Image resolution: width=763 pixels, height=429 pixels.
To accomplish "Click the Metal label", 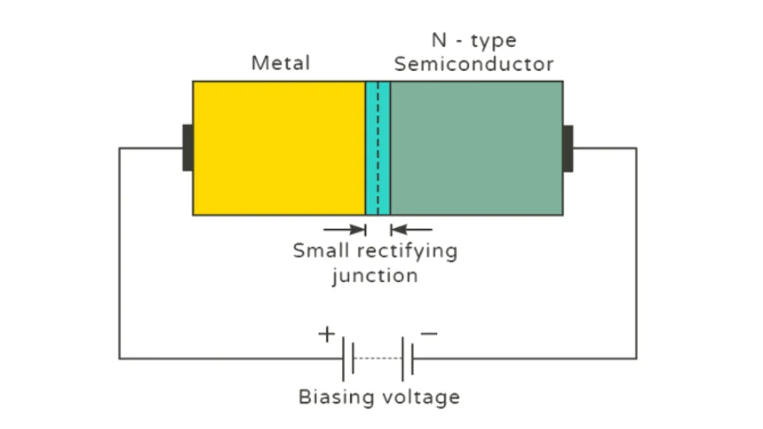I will (280, 63).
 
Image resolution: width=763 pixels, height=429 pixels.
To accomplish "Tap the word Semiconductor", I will (474, 64).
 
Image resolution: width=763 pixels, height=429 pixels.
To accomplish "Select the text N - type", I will (474, 39).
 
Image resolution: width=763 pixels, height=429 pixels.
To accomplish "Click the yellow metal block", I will (279, 147).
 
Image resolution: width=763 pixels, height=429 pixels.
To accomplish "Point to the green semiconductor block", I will (476, 147).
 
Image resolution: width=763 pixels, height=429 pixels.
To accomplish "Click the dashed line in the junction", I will (378, 147).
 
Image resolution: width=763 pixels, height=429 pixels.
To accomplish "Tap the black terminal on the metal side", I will (188, 147).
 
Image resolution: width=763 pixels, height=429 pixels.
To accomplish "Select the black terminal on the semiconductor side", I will (568, 147).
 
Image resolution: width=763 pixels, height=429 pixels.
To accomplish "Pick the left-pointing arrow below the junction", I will (411, 229).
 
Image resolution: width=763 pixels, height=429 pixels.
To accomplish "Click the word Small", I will (320, 250).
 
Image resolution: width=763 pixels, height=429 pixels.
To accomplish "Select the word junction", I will (375, 276).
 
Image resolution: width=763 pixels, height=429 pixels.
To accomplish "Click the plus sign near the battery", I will (326, 334).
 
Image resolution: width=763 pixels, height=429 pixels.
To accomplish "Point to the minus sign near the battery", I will (429, 333).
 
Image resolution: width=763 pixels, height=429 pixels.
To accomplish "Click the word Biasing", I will (337, 397).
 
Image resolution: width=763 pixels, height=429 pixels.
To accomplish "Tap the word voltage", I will (421, 397).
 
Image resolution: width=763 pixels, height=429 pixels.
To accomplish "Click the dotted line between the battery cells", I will (378, 358).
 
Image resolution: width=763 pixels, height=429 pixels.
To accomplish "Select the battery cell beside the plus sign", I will (348, 358).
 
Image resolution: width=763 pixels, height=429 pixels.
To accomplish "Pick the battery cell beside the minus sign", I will (408, 358).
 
